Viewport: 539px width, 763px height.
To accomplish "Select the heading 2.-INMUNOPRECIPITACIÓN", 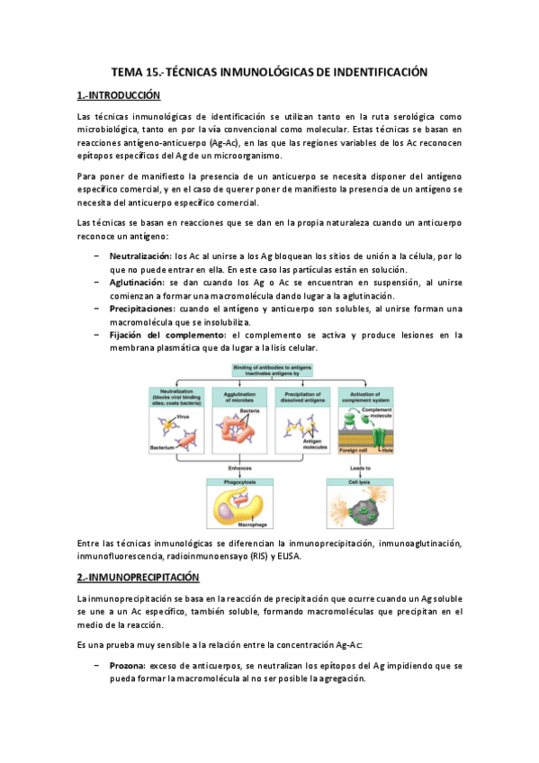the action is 138,576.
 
